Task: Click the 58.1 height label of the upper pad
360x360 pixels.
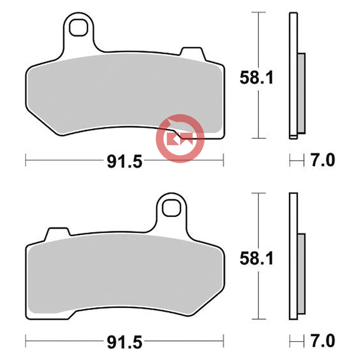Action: pyautogui.click(x=257, y=78)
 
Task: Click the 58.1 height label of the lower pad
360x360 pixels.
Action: pyautogui.click(x=257, y=259)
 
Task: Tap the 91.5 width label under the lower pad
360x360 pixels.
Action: pyautogui.click(x=125, y=342)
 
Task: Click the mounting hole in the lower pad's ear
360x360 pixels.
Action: pyautogui.click(x=171, y=208)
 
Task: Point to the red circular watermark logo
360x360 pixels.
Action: pyautogui.click(x=180, y=139)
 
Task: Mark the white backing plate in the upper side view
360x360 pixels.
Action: pyautogui.click(x=293, y=75)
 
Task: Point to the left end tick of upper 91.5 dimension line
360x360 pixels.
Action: pyautogui.click(x=25, y=160)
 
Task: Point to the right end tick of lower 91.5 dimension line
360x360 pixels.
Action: pyautogui.click(x=223, y=341)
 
